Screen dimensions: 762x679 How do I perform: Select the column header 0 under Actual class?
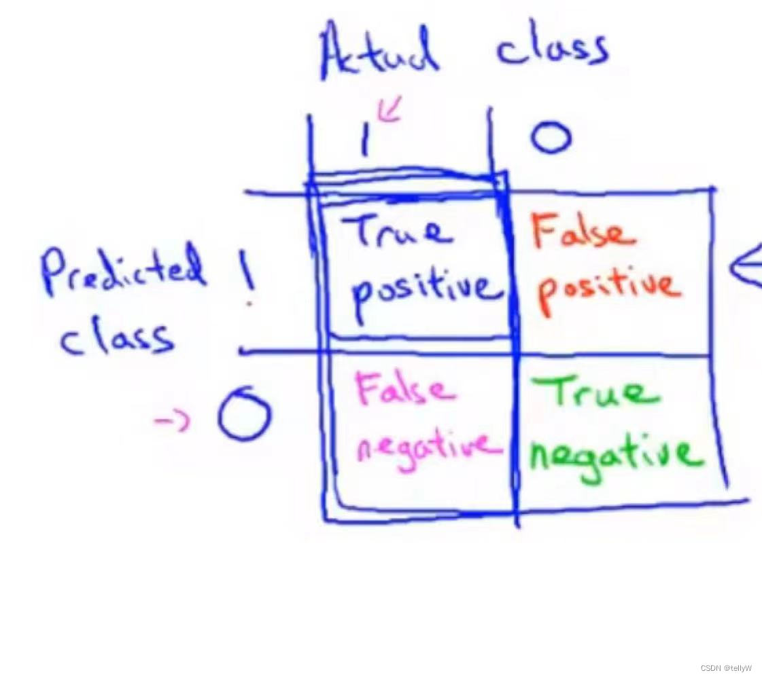tap(551, 136)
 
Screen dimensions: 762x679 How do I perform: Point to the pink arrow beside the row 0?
tap(171, 420)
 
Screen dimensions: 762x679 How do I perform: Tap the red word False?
tap(584, 232)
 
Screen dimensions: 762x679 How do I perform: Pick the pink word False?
tap(405, 388)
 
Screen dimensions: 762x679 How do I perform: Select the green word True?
tap(595, 391)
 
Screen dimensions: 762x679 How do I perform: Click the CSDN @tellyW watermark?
tap(726, 668)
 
